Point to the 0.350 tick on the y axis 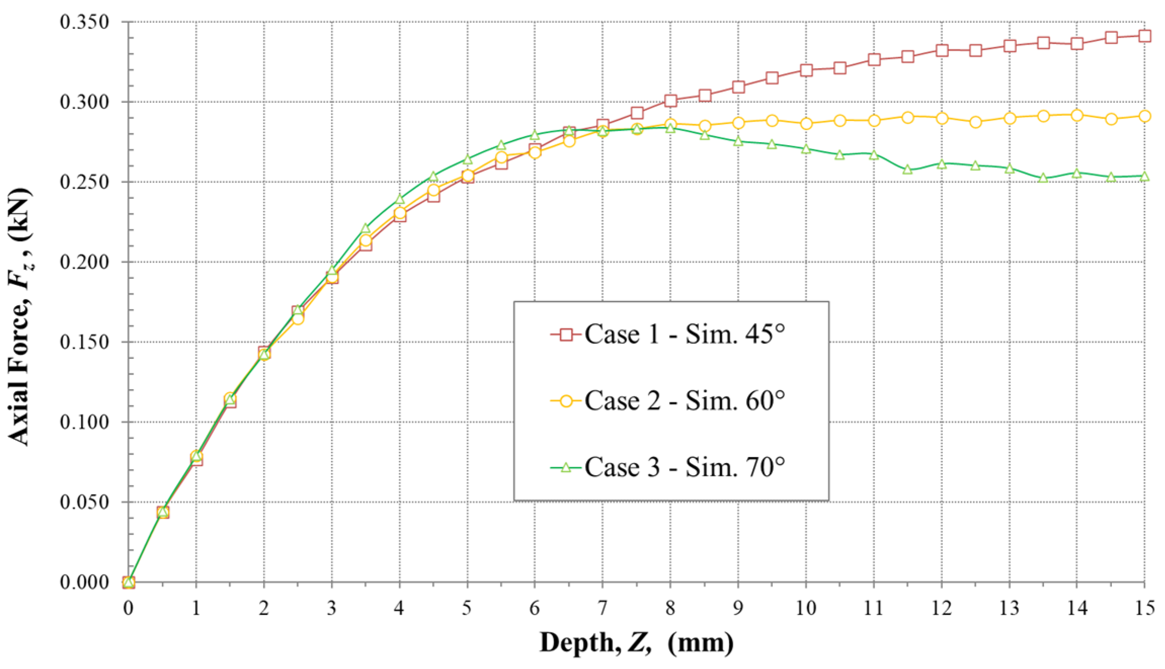[x=84, y=22]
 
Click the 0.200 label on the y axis [x=84, y=262]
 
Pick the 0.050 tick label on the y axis [x=84, y=502]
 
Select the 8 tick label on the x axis [x=670, y=607]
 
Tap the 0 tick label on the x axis [x=129, y=607]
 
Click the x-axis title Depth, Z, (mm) [x=636, y=643]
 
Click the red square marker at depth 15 [x=1145, y=36]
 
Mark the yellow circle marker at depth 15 [x=1145, y=116]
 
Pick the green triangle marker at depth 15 [x=1145, y=176]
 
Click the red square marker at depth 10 [x=806, y=70]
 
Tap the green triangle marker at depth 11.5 [x=908, y=170]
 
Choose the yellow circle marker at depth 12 [x=942, y=118]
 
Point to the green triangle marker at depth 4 [x=400, y=199]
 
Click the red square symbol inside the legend [x=566, y=334]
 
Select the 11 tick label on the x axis [x=873, y=607]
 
